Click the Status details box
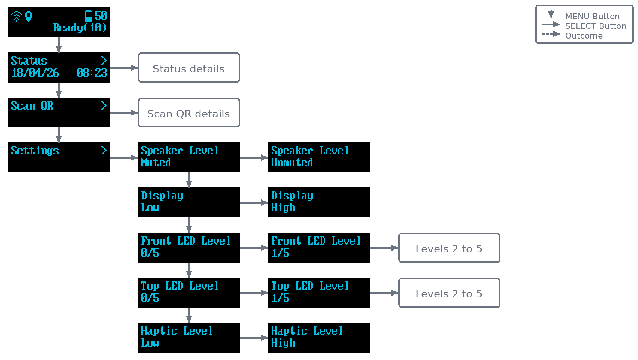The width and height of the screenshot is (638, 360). tap(188, 68)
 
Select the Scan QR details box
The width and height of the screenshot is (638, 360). tap(188, 113)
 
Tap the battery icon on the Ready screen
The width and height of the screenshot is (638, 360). tap(89, 16)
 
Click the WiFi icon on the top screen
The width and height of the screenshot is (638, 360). tap(17, 16)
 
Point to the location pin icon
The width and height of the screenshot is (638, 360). tap(29, 16)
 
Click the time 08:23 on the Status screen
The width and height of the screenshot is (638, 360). tap(92, 73)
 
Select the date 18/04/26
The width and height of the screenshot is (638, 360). tap(35, 73)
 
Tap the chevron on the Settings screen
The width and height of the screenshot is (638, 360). tap(104, 150)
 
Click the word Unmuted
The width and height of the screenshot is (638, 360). tap(292, 163)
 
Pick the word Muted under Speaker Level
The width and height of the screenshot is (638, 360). tap(156, 163)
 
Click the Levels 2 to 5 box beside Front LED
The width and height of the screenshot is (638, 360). tap(449, 247)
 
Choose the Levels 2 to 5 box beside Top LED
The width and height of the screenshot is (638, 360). tap(449, 292)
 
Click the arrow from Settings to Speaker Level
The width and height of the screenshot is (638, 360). tap(123, 157)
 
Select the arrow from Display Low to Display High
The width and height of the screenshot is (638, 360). tap(254, 203)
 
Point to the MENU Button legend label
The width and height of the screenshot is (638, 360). tap(593, 16)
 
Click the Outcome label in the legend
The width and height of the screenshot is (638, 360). tap(584, 36)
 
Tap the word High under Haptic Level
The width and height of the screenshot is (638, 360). tap(283, 343)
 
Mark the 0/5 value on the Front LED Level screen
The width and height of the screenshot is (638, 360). tap(150, 253)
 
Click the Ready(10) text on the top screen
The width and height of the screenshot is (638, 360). tap(80, 28)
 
